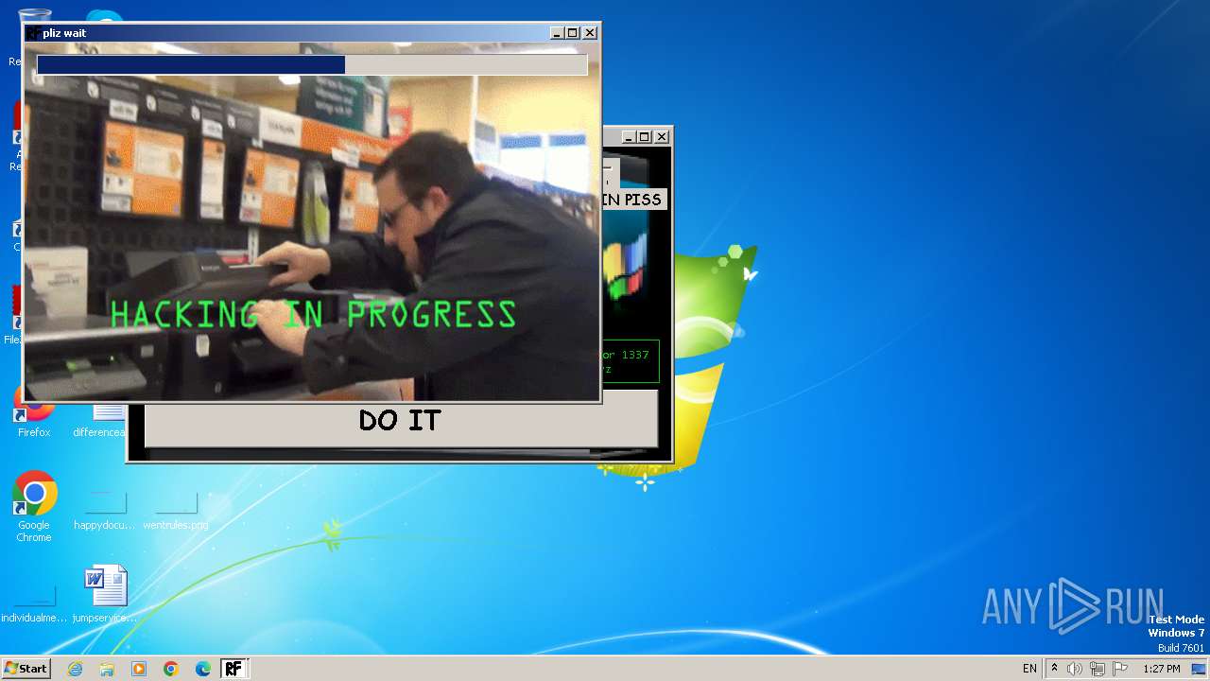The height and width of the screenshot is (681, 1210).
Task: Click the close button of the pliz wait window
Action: tap(590, 33)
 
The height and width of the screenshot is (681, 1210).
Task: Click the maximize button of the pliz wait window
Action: tap(573, 33)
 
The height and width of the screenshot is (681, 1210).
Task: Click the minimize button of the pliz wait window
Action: tap(557, 33)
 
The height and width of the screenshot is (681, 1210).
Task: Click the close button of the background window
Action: tap(662, 137)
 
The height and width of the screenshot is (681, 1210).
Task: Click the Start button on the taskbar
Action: tap(26, 669)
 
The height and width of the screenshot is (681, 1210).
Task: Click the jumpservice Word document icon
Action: tap(105, 586)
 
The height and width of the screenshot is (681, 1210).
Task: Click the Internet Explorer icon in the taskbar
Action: tap(75, 669)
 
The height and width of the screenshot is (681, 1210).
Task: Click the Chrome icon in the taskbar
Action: tap(171, 669)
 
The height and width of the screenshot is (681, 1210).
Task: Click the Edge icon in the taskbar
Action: tap(203, 669)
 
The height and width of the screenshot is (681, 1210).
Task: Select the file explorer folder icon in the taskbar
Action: tap(107, 669)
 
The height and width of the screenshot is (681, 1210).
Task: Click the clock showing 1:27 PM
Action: tap(1161, 669)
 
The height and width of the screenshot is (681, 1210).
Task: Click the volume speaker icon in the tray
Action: tap(1075, 669)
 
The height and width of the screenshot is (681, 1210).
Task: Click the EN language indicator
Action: tap(1029, 669)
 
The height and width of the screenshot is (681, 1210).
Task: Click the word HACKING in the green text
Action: tap(184, 315)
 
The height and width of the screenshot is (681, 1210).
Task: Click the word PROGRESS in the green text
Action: tap(432, 315)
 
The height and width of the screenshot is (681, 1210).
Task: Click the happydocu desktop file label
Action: tap(104, 525)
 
